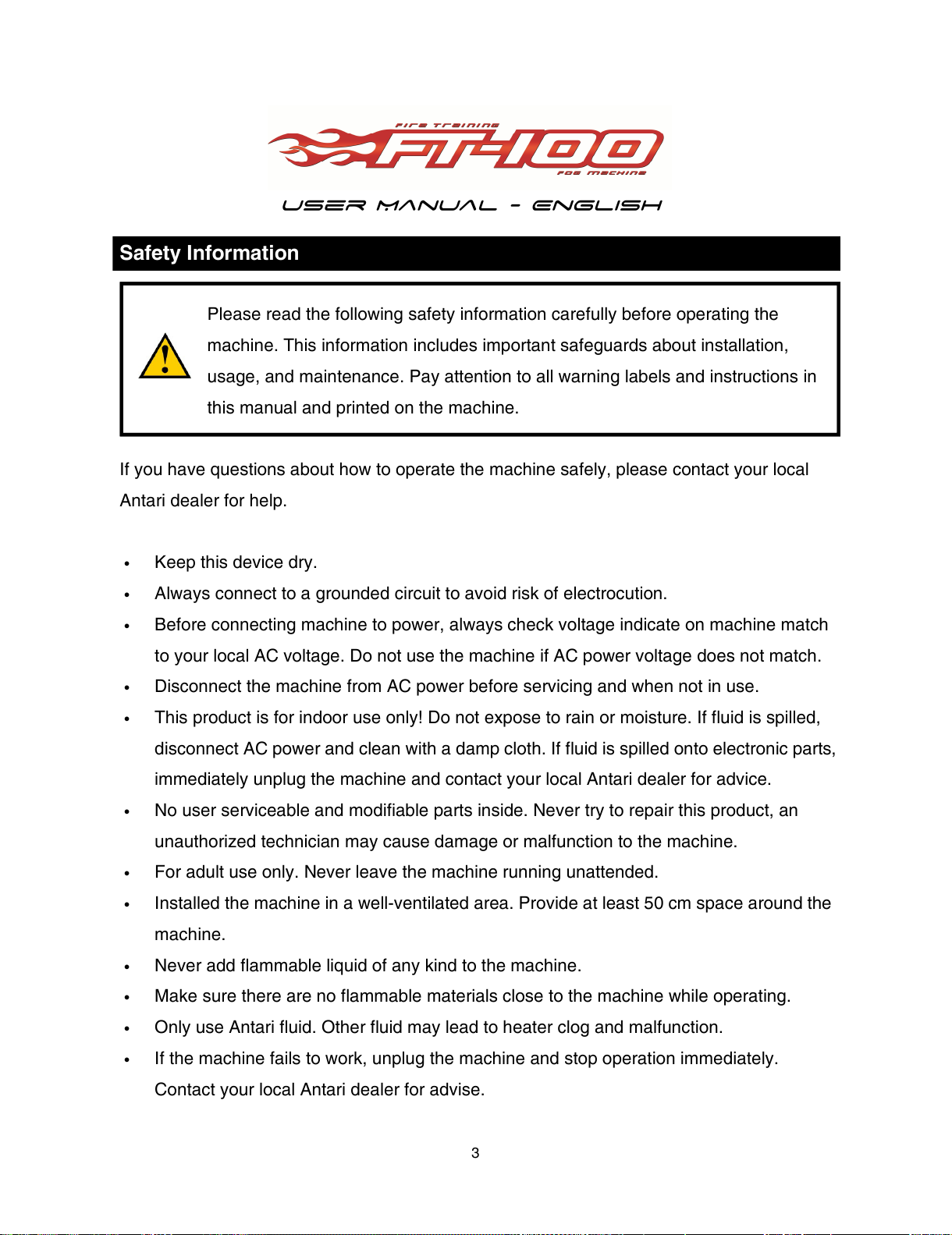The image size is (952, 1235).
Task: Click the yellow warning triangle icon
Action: click(x=165, y=357)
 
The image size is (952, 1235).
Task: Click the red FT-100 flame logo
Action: click(x=467, y=148)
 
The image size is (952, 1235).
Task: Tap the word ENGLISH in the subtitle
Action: click(x=597, y=206)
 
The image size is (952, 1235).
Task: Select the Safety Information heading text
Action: click(x=209, y=254)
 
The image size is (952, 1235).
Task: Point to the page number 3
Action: click(x=475, y=1153)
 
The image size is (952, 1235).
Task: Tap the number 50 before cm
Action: click(x=654, y=903)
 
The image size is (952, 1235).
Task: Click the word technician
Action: click(x=300, y=842)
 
